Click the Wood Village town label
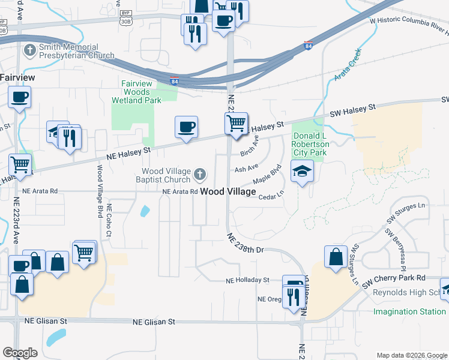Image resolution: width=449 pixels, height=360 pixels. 228,192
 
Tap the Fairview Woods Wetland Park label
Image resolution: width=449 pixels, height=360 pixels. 136,92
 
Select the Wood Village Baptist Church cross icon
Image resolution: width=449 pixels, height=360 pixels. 200,175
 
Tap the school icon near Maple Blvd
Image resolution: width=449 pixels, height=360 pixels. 302,171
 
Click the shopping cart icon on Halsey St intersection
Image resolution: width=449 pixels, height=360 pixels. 237,124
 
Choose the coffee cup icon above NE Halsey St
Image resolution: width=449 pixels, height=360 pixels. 186,127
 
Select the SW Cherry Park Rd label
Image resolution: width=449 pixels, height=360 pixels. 397,278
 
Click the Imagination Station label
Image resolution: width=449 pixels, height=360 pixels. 409,311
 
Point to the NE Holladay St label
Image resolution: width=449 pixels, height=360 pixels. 248,280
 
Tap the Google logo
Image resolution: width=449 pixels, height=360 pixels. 20,353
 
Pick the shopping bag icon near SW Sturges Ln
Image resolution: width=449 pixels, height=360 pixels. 336,256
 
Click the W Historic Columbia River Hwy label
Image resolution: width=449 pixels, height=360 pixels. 409,23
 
